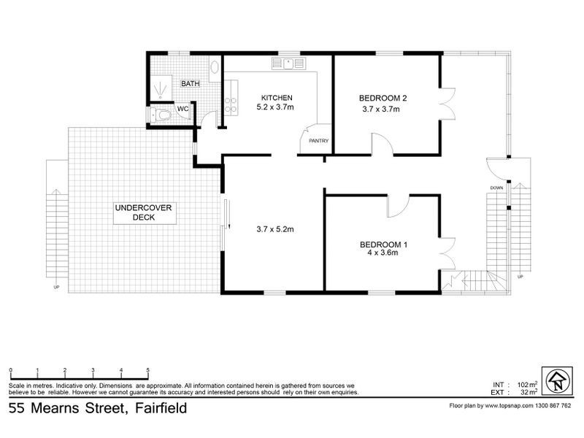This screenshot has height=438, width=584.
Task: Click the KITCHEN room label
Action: [x=277, y=98]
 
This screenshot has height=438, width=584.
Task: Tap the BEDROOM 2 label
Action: [x=383, y=98]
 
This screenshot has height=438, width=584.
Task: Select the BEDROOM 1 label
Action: [x=383, y=244]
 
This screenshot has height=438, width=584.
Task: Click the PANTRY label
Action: [x=318, y=141]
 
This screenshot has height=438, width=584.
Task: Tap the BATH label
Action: [x=191, y=84]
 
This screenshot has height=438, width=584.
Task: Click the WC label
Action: [x=183, y=109]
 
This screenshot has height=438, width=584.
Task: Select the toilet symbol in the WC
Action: [x=161, y=115]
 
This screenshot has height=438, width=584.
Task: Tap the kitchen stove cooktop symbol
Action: [x=231, y=105]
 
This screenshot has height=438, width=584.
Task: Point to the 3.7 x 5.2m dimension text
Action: [x=274, y=229]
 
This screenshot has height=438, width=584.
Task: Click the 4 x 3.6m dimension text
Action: [x=383, y=253]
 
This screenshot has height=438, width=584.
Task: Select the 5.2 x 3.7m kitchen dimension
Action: [x=275, y=107]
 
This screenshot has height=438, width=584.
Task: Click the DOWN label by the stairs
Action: [x=496, y=187]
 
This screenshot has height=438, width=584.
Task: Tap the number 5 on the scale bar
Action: [x=148, y=371]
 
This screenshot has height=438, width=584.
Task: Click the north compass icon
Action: [x=556, y=380]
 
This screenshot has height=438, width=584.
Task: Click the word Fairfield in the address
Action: [x=157, y=409]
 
